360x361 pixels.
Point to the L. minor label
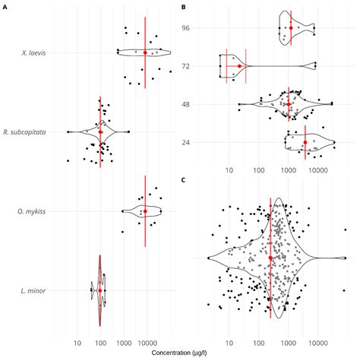coord(38,290)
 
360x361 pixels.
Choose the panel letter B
coord(184,5)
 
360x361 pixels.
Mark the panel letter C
coord(184,180)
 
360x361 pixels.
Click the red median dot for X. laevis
coord(145,52)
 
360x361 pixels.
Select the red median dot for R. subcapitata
coord(100,131)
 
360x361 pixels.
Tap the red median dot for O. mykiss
coord(145,211)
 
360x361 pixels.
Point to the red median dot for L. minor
coord(99,290)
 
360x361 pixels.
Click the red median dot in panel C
coord(270,258)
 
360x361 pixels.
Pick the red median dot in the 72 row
coord(239,66)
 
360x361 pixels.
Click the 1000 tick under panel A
coord(124,343)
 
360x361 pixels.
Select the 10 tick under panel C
coord(229,343)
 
